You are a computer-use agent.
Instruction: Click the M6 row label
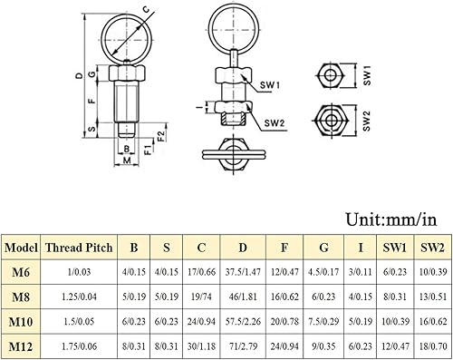coord(21,272)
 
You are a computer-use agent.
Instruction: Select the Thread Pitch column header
coord(79,248)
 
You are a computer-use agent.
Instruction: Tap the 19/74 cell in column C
coord(201,297)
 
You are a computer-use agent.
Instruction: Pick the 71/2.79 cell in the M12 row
coord(243,345)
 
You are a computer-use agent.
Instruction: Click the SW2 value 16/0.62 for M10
coord(433,321)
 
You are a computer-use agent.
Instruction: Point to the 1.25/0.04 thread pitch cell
coord(79,297)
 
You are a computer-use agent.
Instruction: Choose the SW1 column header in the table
coord(395,248)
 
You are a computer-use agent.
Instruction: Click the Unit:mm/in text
coord(391,219)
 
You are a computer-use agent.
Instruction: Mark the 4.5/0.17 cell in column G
coord(323,272)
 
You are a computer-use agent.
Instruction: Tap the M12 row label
coord(21,346)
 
